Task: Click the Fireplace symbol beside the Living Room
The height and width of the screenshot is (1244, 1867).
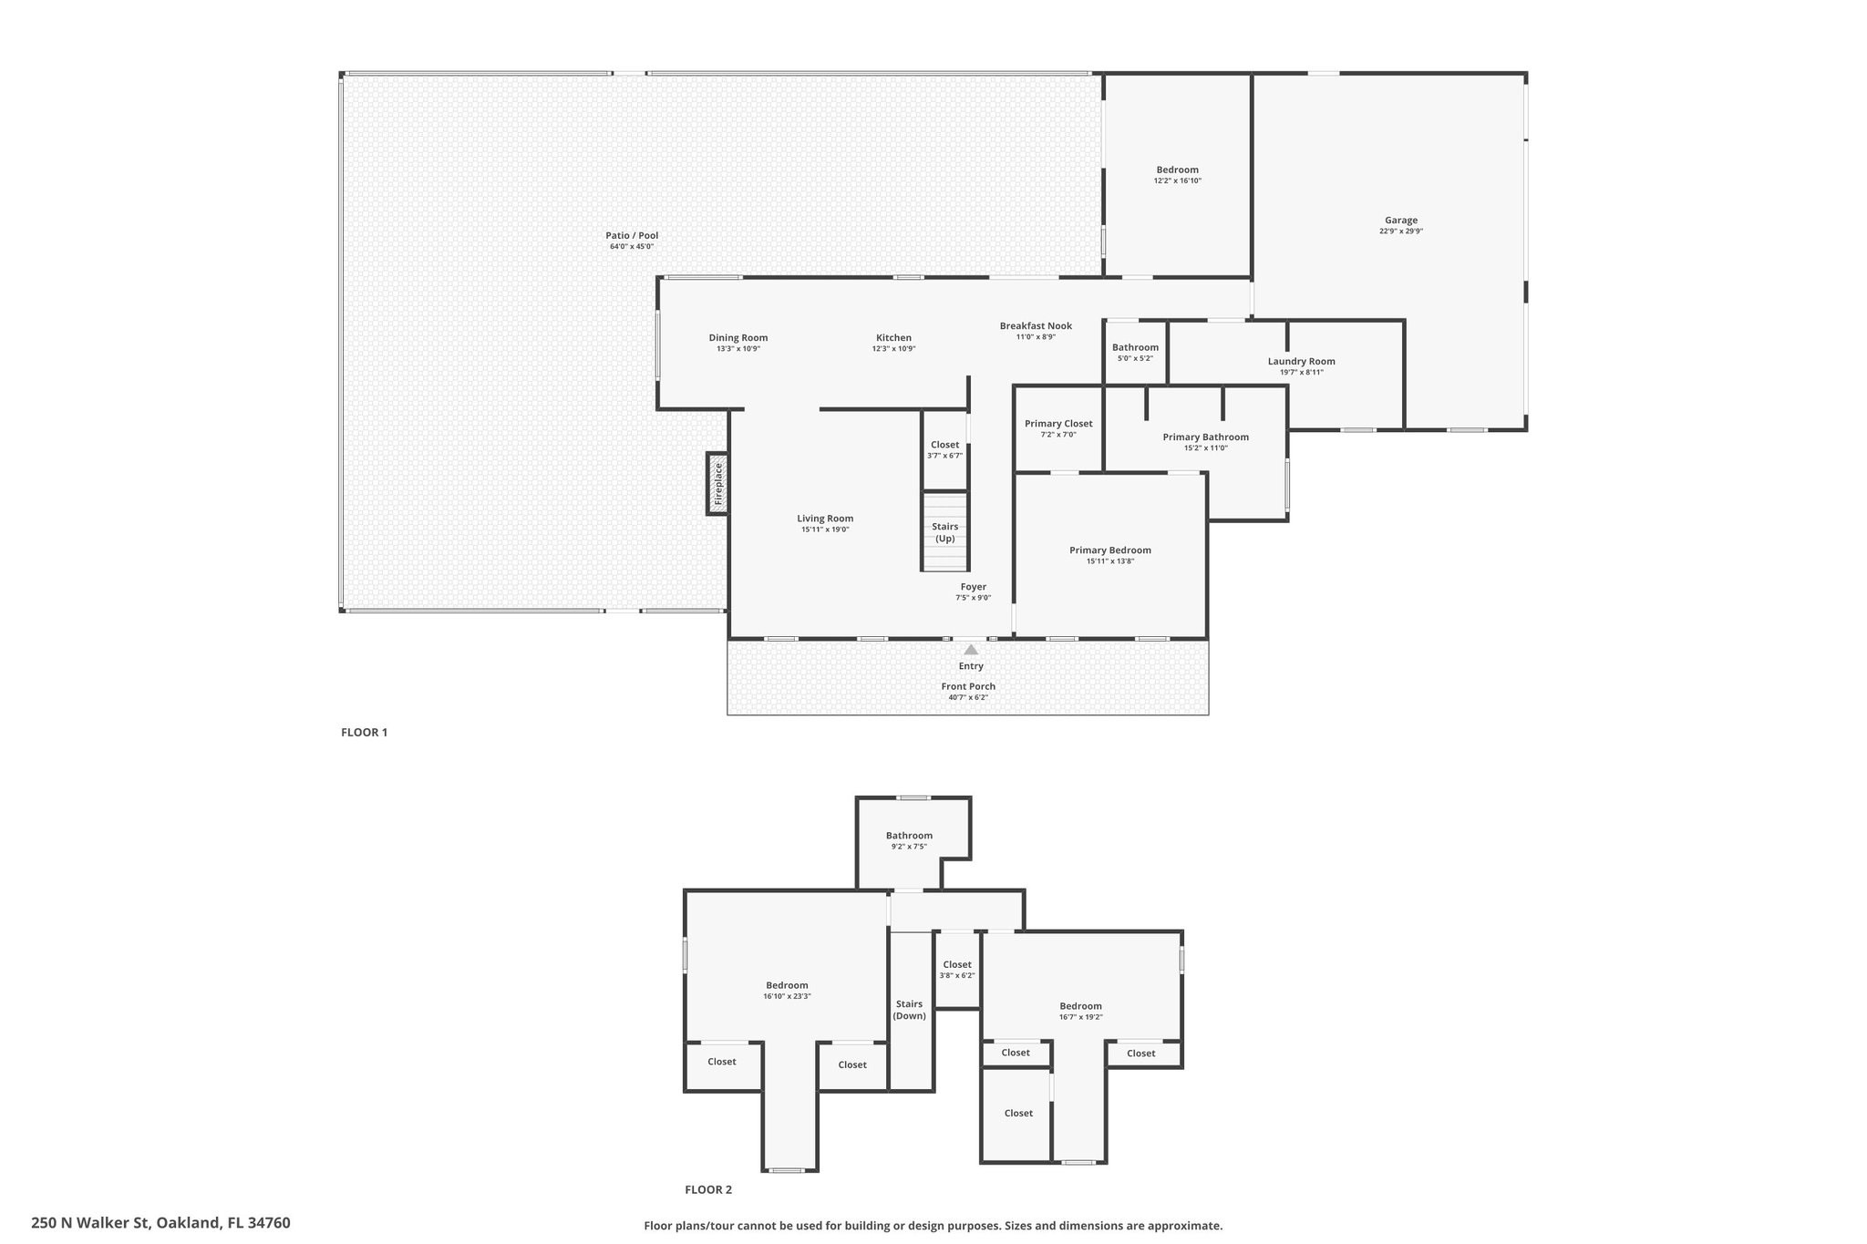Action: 717,484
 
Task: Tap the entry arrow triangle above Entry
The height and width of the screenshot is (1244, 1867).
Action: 971,650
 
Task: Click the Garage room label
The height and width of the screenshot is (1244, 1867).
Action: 1400,221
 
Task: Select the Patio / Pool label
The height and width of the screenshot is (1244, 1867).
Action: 632,236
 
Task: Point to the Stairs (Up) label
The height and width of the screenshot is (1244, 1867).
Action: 944,532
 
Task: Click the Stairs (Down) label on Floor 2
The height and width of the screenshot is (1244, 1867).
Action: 909,1010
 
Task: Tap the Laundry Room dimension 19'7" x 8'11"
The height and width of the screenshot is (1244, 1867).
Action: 1301,373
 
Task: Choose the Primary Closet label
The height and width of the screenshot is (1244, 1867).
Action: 1057,424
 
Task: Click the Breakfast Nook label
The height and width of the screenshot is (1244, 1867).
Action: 1036,326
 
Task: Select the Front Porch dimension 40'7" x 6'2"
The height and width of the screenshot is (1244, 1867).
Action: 967,698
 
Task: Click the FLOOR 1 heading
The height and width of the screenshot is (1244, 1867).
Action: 364,732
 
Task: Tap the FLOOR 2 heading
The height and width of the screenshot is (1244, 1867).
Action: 708,1189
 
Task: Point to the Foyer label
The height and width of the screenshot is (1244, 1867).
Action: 973,587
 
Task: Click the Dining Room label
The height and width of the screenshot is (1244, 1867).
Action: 738,338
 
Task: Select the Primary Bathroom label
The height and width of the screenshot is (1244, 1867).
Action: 1205,437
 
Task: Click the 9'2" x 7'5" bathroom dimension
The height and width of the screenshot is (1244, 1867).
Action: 909,847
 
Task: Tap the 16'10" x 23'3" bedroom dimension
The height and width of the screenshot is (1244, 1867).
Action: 787,997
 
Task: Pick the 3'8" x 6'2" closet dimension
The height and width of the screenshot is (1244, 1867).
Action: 957,976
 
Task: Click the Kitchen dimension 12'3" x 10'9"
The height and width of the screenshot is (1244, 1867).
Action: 893,349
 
